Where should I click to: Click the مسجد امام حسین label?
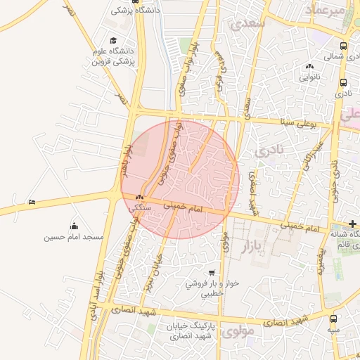[x=74, y=237]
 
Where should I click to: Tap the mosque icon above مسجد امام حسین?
[x=74, y=226]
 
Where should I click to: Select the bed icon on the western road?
[x=32, y=202]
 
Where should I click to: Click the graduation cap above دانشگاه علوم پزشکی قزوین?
[x=113, y=41]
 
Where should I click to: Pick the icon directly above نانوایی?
[x=309, y=66]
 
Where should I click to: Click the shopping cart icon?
[x=212, y=272]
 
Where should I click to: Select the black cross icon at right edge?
[x=353, y=223]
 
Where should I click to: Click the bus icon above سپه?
[x=333, y=319]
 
